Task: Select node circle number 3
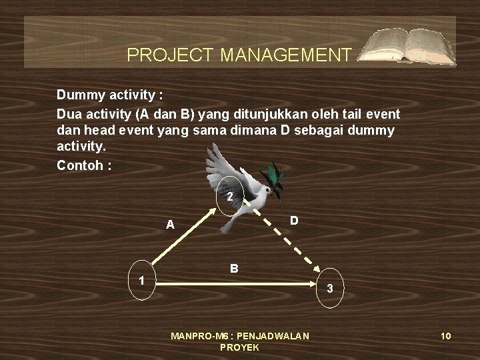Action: [330, 288]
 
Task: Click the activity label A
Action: [171, 225]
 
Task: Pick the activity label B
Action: [234, 269]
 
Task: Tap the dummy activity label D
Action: [294, 219]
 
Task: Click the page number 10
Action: [446, 336]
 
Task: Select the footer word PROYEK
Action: [239, 347]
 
